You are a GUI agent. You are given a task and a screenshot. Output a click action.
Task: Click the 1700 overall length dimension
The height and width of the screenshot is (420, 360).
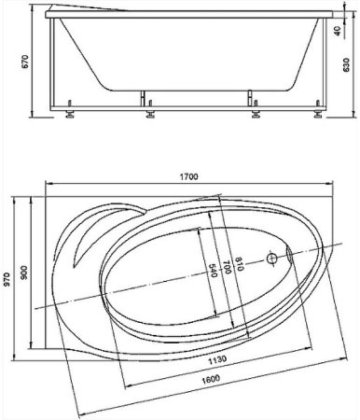[x=188, y=176]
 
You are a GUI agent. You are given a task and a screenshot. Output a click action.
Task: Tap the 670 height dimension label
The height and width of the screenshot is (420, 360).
[x=25, y=62]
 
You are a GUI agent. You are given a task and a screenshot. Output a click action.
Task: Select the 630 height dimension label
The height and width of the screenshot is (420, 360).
[x=346, y=64]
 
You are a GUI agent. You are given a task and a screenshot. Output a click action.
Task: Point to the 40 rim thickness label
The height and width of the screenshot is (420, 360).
[x=338, y=31]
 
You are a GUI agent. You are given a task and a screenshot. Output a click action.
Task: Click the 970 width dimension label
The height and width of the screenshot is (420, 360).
[x=7, y=279]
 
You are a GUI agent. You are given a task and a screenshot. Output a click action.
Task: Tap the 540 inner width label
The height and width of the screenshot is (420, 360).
[x=214, y=271]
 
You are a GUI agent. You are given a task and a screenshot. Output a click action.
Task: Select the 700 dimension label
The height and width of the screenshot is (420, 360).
[x=227, y=268]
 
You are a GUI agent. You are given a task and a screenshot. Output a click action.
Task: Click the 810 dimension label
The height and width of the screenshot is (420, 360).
[x=239, y=263]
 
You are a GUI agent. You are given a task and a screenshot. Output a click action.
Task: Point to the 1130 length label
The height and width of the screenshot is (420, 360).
[x=217, y=359]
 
